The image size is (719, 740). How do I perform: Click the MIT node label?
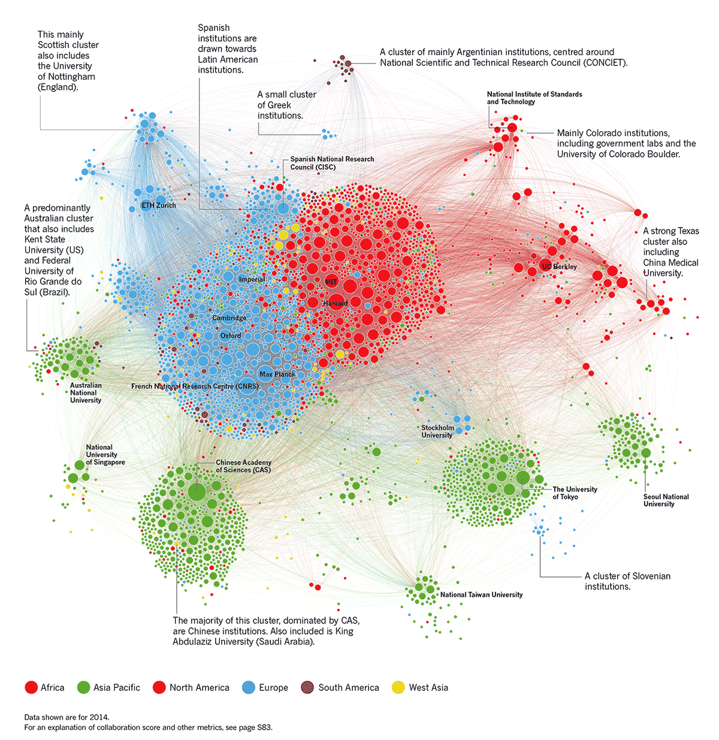point(331,282)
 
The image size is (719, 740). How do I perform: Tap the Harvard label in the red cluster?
point(335,303)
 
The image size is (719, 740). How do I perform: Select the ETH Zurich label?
point(159,206)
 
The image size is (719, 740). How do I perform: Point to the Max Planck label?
point(277,374)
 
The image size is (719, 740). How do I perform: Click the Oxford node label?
point(231,336)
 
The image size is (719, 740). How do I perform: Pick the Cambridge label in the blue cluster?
point(229,318)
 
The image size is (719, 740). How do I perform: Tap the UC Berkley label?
point(559,266)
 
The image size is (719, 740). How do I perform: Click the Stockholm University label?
point(437,431)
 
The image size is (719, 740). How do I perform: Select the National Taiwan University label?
point(481,594)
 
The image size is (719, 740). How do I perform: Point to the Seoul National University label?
point(666,500)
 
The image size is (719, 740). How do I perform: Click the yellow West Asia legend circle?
point(398,687)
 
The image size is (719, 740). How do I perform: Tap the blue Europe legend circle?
point(248,687)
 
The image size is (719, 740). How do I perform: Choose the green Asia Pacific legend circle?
point(83,687)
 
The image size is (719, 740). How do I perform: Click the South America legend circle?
point(307,687)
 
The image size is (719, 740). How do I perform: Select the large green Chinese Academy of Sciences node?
point(197,493)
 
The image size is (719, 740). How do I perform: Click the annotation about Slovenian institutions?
point(627,581)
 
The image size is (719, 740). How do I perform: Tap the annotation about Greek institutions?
point(286,105)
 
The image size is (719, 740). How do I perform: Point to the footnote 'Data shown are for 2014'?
point(67,717)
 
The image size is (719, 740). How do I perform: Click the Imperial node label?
point(252,279)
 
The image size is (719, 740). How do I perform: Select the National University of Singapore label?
point(105,454)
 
